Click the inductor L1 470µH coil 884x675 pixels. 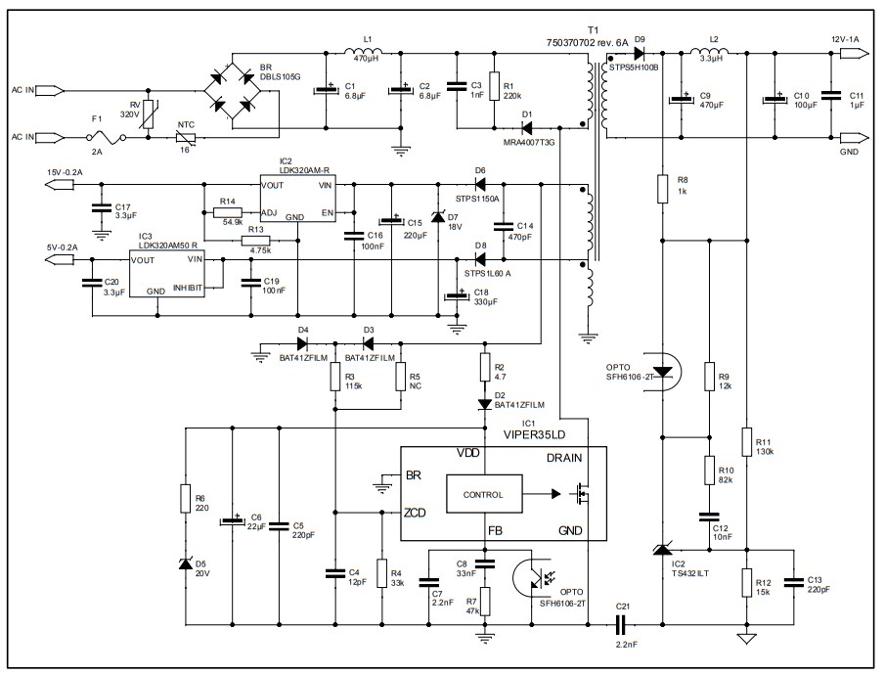tap(367, 51)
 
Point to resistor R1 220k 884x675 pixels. tap(494, 85)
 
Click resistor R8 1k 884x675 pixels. tap(662, 187)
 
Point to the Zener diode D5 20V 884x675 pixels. tap(185, 564)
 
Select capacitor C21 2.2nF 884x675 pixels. tap(621, 621)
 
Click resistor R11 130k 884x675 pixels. tap(746, 441)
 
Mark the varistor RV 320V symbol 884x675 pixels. tap(147, 113)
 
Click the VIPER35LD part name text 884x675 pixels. tap(534, 434)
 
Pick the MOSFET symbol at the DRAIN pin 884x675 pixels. tap(582, 495)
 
